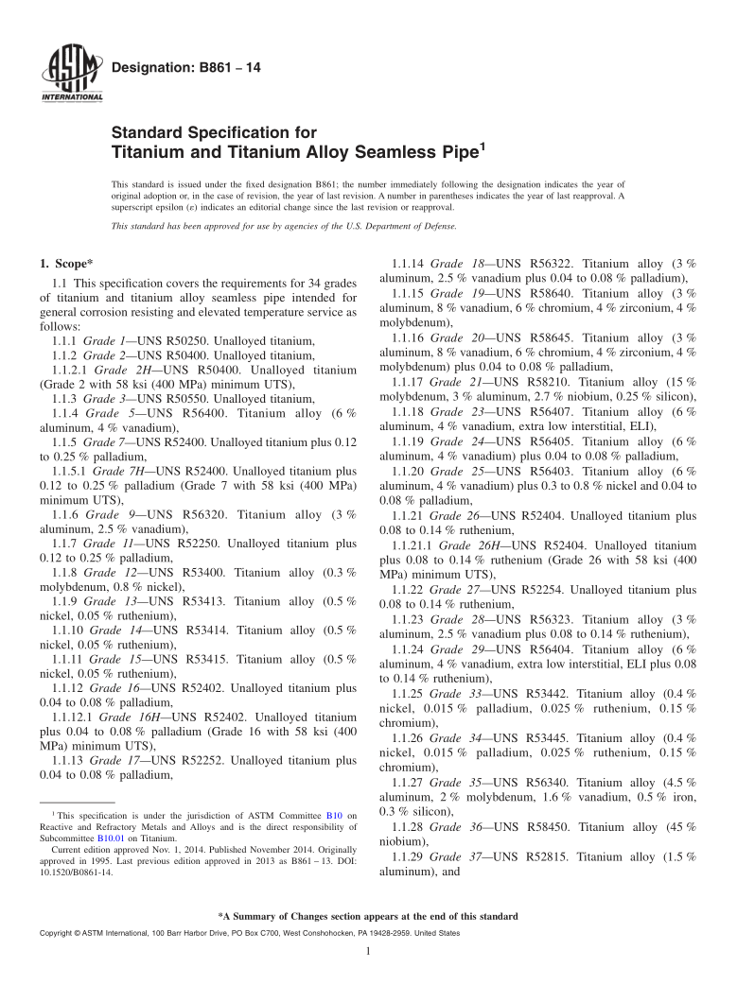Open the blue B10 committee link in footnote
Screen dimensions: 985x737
coord(333,814)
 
